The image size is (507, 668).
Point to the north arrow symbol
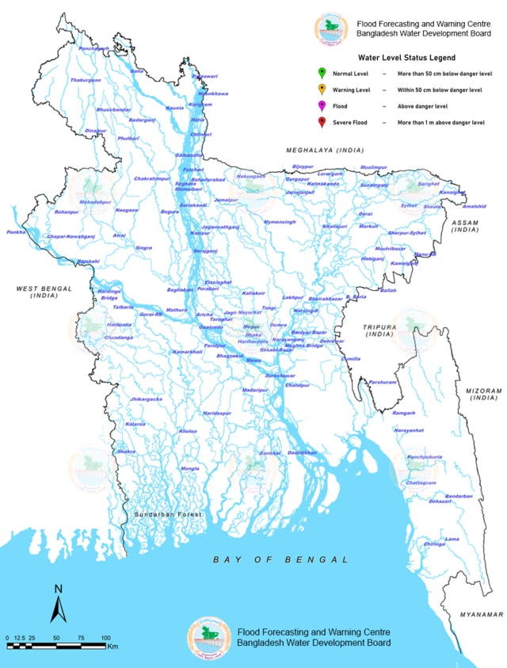pyautogui.click(x=58, y=604)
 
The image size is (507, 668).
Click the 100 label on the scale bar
pyautogui.click(x=105, y=638)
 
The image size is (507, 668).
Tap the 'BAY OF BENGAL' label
pyautogui.click(x=280, y=559)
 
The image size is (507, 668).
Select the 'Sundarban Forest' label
pyautogui.click(x=167, y=514)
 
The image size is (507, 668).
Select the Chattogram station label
pyautogui.click(x=421, y=483)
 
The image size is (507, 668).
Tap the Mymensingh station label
pyautogui.click(x=280, y=222)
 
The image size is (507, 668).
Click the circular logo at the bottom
pyautogui.click(x=208, y=636)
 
